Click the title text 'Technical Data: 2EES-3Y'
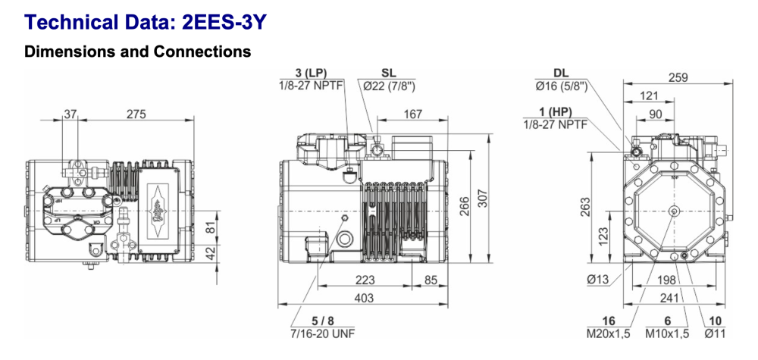(x=143, y=22)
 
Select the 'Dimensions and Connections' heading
(x=137, y=52)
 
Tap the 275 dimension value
(x=136, y=114)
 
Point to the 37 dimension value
(x=70, y=114)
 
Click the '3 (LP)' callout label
(x=312, y=73)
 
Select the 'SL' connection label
(x=389, y=73)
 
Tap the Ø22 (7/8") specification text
(x=389, y=85)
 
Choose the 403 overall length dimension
(x=365, y=299)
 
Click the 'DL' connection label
(x=562, y=73)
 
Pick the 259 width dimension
(x=669, y=77)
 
